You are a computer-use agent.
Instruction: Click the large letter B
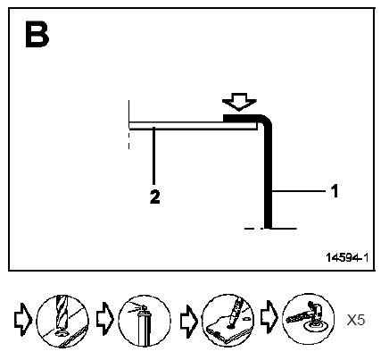point(37,34)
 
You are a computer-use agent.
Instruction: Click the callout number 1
point(335,191)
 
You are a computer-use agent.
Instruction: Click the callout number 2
point(154,197)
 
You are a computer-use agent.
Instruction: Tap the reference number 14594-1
point(347,257)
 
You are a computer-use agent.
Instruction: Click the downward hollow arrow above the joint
point(239,102)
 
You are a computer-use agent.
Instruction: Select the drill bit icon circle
point(62,321)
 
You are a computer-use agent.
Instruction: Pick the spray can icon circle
point(145,321)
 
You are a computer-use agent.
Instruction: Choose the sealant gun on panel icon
point(228,321)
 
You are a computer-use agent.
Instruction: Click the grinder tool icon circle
point(309,319)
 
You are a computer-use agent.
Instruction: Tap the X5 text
point(356,320)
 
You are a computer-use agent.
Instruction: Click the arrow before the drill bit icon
point(22,320)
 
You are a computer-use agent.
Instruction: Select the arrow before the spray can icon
point(105,319)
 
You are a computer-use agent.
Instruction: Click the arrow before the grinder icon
point(269,317)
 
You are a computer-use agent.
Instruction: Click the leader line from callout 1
point(299,191)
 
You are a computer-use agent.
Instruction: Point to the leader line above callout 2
point(153,155)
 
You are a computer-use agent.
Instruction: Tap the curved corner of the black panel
point(266,120)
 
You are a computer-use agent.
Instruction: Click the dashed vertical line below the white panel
point(128,140)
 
